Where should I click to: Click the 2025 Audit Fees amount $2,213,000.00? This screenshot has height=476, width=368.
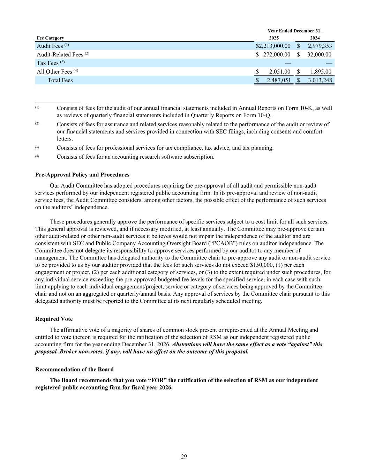click(273, 46)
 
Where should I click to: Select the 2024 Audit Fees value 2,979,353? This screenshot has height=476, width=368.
click(320, 46)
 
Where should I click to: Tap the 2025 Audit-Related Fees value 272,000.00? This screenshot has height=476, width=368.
click(277, 54)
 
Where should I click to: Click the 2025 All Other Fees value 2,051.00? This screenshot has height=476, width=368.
click(280, 72)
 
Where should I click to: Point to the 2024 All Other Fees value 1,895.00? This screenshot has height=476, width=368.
click(321, 72)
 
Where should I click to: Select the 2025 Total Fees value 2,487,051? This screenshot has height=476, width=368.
click(279, 80)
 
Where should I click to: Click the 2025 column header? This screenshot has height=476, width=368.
click(274, 38)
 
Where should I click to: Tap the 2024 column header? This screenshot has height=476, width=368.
click(315, 38)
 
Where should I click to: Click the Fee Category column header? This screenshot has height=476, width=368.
click(50, 38)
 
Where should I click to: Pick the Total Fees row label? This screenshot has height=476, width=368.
click(60, 80)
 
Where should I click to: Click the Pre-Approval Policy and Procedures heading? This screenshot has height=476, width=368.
click(82, 175)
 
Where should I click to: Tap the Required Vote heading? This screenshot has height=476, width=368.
click(54, 319)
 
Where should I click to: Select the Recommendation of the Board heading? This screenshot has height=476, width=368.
click(74, 369)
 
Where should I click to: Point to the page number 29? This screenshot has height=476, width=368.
click(184, 457)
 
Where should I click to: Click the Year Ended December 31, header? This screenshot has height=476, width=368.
click(294, 31)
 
